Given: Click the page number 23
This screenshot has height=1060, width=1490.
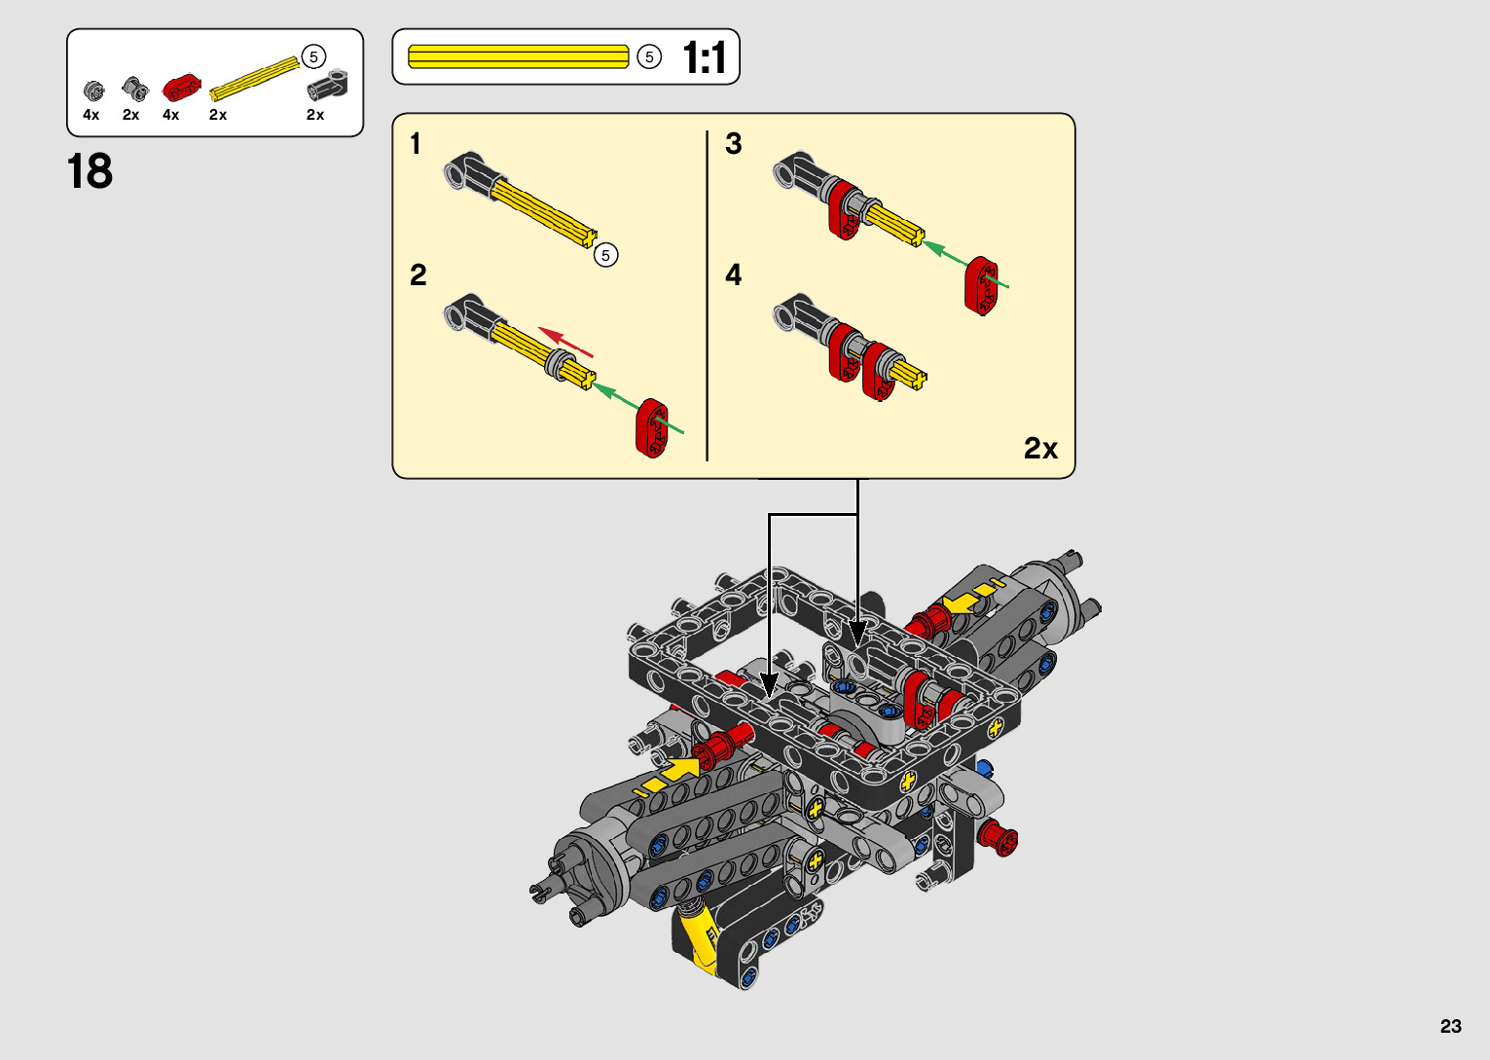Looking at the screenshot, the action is (x=1451, y=1026).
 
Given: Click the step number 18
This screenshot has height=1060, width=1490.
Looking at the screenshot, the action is (x=90, y=171).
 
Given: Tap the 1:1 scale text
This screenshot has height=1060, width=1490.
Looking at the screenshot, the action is (x=705, y=57).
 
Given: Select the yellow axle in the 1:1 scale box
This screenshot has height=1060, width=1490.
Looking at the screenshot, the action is (x=518, y=56).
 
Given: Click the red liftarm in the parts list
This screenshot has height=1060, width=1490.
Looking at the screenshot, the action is (x=182, y=88).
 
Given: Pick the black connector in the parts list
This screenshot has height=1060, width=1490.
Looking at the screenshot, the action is (x=327, y=85).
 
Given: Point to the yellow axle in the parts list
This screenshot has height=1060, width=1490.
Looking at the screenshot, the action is (x=254, y=79).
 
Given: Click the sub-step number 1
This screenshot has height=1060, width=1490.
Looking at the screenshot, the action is (x=416, y=144).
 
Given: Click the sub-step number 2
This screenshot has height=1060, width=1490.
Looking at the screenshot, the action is (x=418, y=274).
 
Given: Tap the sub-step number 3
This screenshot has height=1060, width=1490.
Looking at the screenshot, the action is (x=733, y=144).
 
